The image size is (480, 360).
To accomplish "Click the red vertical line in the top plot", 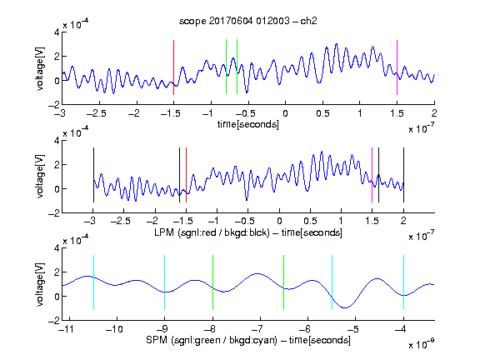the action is point(173,67).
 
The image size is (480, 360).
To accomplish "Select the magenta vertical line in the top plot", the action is point(397,67).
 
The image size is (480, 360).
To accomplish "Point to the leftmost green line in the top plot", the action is point(226,67).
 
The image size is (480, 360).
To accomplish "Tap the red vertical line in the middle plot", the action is point(186,175).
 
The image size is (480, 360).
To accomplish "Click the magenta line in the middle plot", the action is point(372,175).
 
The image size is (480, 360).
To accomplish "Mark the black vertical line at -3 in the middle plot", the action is point(93,175).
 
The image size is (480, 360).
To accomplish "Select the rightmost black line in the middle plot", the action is point(403,175).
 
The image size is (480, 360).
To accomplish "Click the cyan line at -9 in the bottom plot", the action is point(164,282).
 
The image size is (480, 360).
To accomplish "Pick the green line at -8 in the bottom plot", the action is point(212,282).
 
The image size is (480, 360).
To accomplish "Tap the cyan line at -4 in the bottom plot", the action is point(403,282).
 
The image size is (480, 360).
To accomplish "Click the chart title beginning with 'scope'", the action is point(248,21).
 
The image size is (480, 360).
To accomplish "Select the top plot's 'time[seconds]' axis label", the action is point(248,124).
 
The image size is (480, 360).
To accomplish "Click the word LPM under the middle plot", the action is point(164,232).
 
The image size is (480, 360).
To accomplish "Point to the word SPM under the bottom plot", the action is point(157,340).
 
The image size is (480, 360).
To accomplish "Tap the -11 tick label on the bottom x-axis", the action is point(67,329).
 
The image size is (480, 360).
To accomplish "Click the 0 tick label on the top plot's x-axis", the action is point(285,113).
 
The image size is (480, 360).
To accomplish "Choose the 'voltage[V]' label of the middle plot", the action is point(40,177).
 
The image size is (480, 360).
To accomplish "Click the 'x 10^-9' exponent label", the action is point(422,343).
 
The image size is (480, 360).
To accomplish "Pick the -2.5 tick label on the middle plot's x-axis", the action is point(120,221).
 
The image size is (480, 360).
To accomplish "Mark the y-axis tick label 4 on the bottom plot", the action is point(57,248).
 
